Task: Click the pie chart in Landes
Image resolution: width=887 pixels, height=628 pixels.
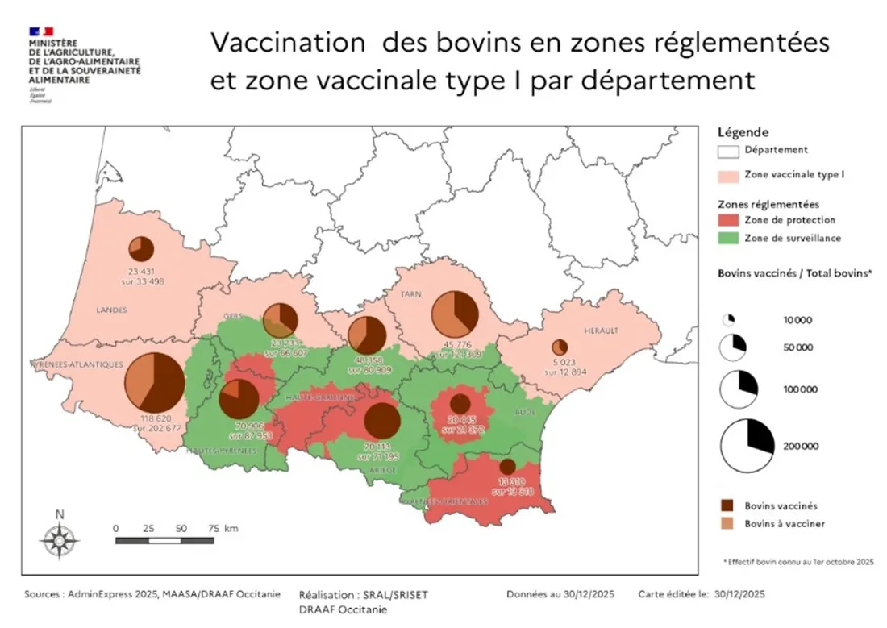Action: click(141, 249)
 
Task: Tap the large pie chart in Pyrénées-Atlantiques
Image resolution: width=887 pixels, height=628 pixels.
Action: click(154, 383)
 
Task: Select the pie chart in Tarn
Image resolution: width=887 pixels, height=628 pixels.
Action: click(456, 314)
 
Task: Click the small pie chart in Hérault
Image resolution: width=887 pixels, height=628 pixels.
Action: click(560, 347)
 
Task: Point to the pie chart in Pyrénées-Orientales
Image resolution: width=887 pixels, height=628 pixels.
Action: click(507, 466)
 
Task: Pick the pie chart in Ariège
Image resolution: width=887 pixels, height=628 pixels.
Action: click(382, 420)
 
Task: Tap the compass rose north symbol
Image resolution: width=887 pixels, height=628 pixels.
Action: click(59, 536)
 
